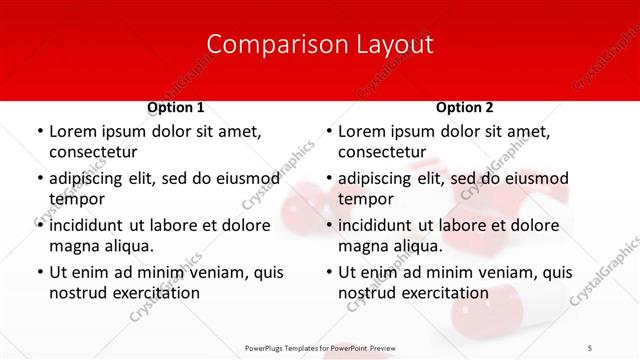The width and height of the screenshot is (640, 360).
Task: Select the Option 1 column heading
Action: coord(176,108)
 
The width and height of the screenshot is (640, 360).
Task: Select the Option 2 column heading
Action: coord(465,108)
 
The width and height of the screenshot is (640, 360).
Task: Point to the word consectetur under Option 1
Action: coord(93,151)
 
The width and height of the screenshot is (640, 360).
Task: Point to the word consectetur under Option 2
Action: coord(382,151)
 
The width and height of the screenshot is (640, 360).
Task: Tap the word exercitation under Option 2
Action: coord(444,293)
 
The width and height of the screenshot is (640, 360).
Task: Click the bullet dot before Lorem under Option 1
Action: coord(40,132)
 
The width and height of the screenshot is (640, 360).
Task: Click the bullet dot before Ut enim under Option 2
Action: coord(329,272)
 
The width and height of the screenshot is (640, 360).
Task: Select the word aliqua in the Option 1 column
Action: coord(129,245)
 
